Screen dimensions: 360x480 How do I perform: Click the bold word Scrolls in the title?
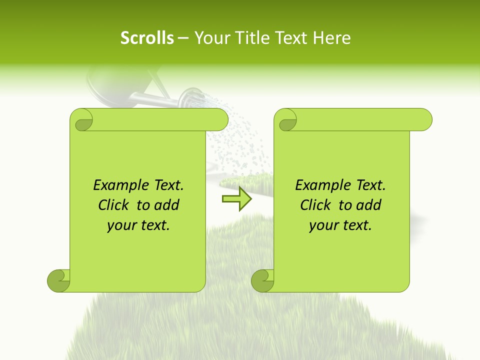click(x=147, y=38)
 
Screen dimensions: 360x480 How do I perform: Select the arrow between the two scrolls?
click(x=236, y=199)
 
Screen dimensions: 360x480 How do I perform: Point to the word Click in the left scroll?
click(x=115, y=205)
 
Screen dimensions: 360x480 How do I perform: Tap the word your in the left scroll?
click(x=121, y=225)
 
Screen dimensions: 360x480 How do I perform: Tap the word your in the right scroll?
click(x=323, y=225)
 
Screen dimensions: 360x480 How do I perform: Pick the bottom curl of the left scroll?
click(x=58, y=281)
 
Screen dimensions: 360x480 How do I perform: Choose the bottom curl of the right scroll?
click(x=262, y=281)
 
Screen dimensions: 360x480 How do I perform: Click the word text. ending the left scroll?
click(x=153, y=225)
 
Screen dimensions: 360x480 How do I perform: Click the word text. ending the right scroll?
click(x=355, y=225)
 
